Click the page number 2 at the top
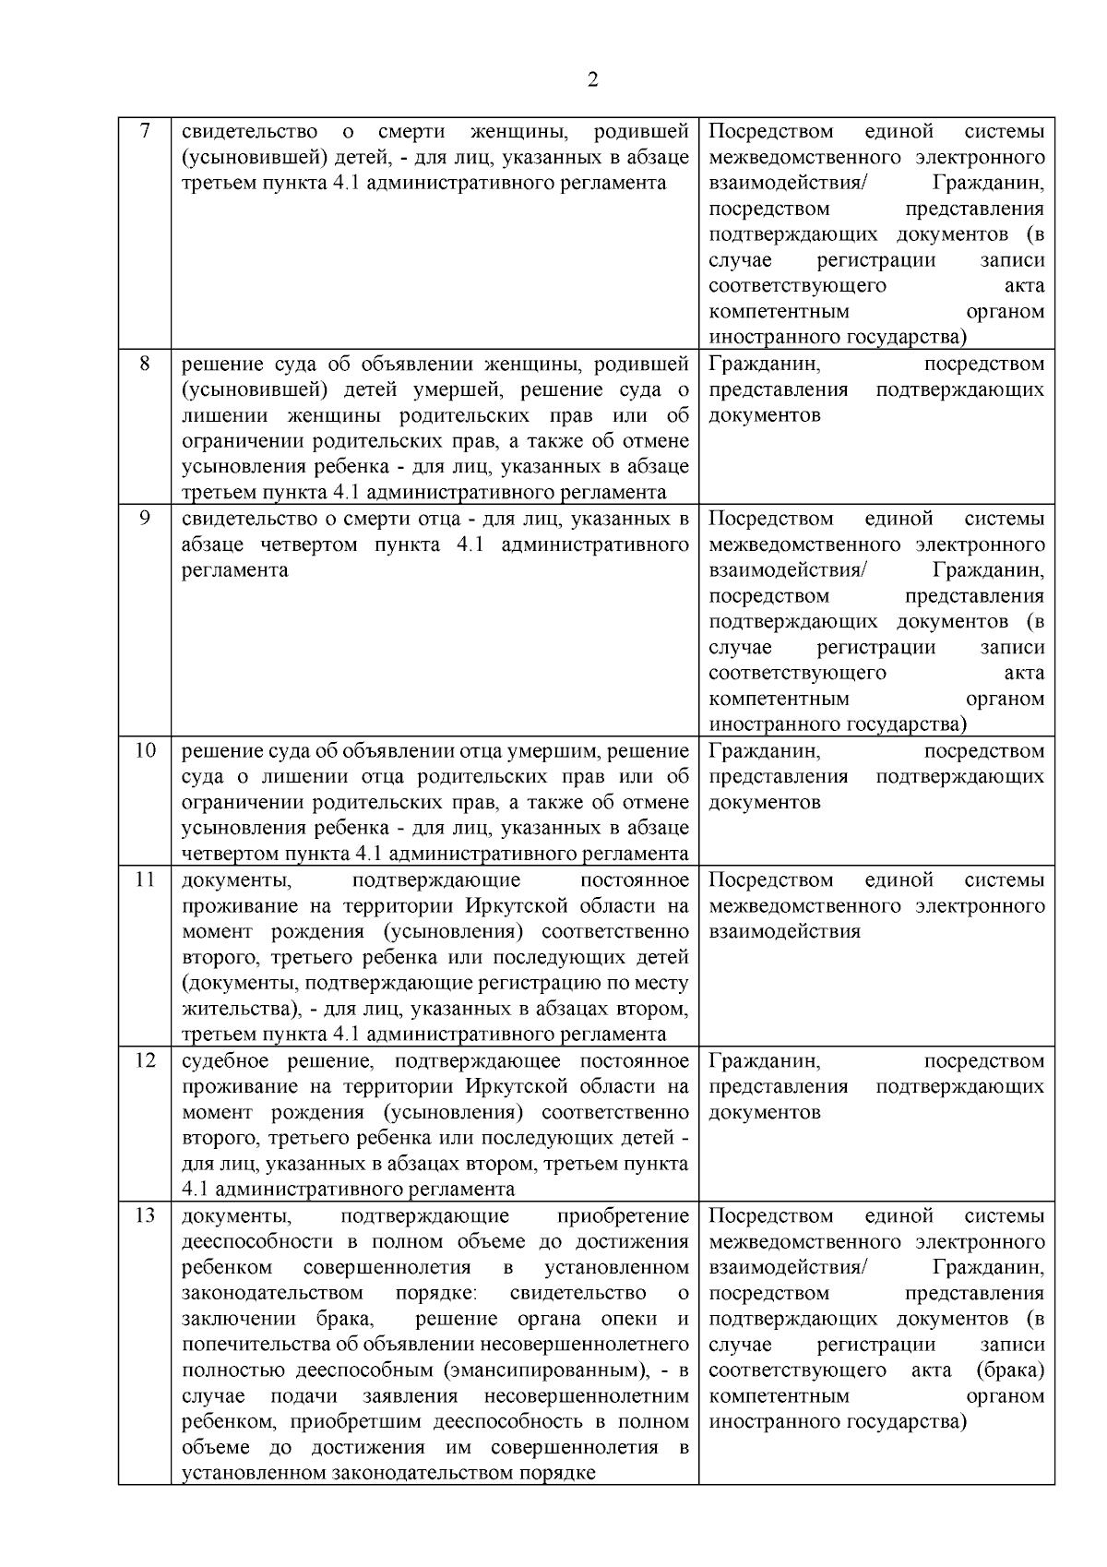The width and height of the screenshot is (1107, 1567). coord(592,79)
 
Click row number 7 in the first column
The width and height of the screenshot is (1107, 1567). coord(145,131)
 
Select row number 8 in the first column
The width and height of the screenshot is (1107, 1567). coord(145,364)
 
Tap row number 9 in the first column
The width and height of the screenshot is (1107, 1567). coord(145,519)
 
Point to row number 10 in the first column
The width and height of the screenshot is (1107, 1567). coord(145,751)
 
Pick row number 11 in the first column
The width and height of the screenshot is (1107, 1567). coord(145,880)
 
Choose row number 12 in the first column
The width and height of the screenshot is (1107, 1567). coord(145,1061)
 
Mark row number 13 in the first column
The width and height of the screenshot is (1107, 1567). coord(145,1216)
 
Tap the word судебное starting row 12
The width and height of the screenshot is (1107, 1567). coord(221,1061)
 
